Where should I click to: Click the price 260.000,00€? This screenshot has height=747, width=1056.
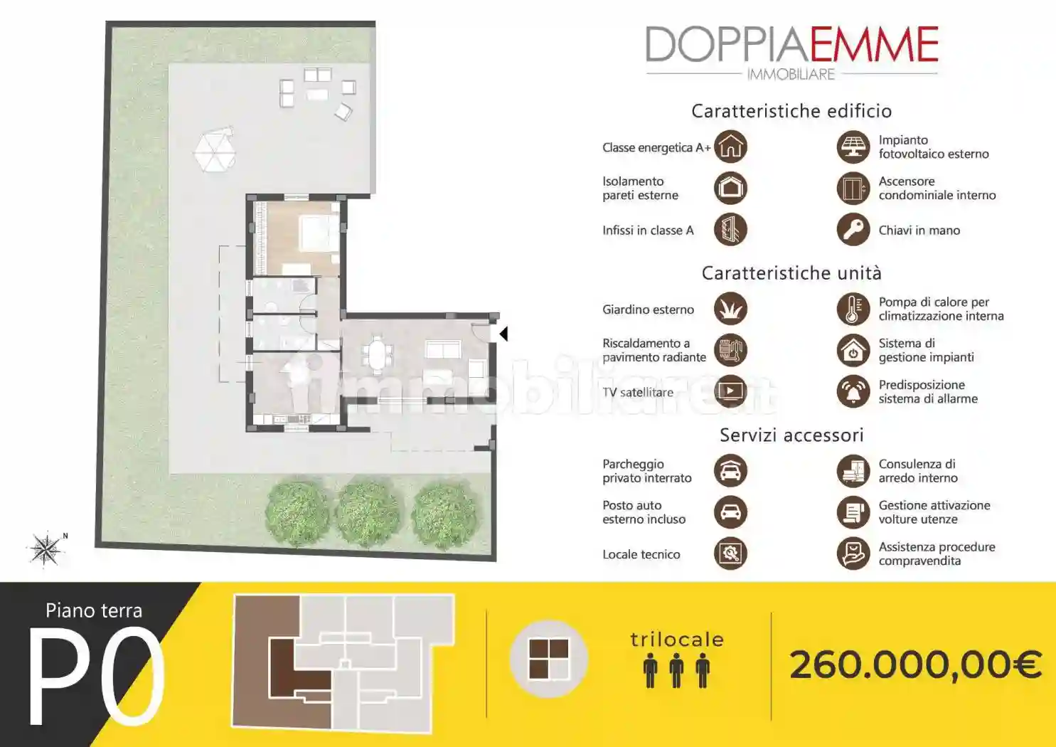point(914,665)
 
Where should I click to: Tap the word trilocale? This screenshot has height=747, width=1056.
point(677,640)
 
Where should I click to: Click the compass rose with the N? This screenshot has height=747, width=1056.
point(46,549)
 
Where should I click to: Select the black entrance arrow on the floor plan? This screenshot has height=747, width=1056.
point(503,333)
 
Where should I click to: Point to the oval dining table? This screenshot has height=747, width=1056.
point(376,354)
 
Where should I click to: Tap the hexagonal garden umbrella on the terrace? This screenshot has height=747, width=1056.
point(214,150)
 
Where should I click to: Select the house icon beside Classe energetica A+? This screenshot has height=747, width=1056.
point(730,147)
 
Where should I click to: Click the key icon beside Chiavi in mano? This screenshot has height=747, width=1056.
point(853,230)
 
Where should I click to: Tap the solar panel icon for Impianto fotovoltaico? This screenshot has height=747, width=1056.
point(853,147)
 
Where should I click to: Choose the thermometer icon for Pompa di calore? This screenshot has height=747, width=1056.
point(853,309)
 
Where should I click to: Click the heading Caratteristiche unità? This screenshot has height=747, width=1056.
point(791,273)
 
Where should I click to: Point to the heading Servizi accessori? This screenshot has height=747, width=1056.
point(791,435)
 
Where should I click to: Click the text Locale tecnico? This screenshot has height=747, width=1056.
point(641,554)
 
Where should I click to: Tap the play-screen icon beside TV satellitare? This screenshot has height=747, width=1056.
point(730,391)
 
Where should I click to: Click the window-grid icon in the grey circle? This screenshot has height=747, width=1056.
point(548,659)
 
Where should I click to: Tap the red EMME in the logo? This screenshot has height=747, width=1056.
point(874,45)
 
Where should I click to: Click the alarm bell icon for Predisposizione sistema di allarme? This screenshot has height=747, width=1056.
point(853,391)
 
